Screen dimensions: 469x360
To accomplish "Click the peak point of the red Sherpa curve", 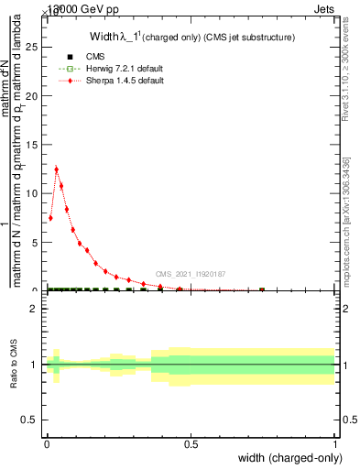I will coord(57,169).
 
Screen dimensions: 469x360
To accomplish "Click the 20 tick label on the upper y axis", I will coord(34,95).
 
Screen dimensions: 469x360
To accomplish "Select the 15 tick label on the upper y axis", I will coord(34,144).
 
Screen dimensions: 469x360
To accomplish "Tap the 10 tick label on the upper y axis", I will coord(34,193).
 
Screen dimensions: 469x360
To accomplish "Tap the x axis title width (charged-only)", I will coord(289,459).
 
